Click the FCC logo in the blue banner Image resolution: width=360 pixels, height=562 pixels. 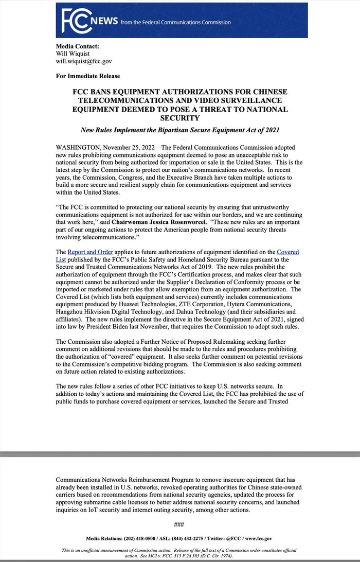75,21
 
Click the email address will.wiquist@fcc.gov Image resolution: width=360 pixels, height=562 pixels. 83,61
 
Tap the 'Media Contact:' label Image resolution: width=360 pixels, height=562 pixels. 77,46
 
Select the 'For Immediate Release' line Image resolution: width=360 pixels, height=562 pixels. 88,76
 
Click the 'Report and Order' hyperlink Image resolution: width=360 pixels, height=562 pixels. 90,252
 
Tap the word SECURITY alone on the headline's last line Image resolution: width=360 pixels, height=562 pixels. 179,118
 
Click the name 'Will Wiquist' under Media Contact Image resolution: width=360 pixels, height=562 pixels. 73,54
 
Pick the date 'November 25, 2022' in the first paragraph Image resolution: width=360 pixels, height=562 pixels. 125,147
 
